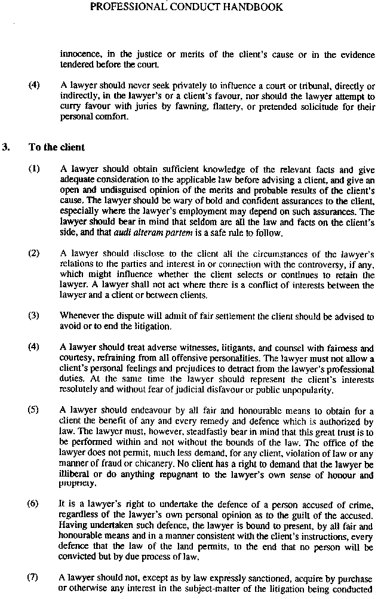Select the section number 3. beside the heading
click(7, 147)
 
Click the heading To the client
click(57, 147)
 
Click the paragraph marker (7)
click(33, 578)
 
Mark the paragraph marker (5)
click(33, 411)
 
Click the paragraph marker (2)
click(33, 253)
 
